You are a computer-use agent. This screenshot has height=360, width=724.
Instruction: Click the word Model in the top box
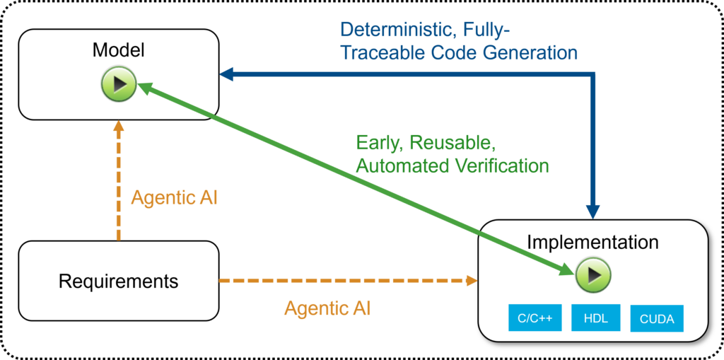pyautogui.click(x=118, y=50)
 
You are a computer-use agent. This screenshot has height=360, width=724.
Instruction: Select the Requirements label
pyautogui.click(x=118, y=281)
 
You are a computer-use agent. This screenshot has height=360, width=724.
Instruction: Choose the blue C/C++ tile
pyautogui.click(x=535, y=318)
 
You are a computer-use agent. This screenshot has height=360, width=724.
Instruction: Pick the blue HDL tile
pyautogui.click(x=595, y=318)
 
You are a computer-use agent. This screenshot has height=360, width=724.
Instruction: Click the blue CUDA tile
pyautogui.click(x=657, y=318)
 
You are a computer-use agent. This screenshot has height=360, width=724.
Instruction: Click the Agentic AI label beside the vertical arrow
pyautogui.click(x=174, y=198)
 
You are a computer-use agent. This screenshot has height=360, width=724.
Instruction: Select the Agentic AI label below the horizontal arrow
pyautogui.click(x=327, y=308)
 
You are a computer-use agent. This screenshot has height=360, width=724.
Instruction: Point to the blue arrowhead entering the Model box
pyautogui.click(x=226, y=74)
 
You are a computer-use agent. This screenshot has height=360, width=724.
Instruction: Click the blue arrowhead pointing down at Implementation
pyautogui.click(x=593, y=212)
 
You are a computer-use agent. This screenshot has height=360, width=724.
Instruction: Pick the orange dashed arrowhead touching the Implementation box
pyautogui.click(x=472, y=280)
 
